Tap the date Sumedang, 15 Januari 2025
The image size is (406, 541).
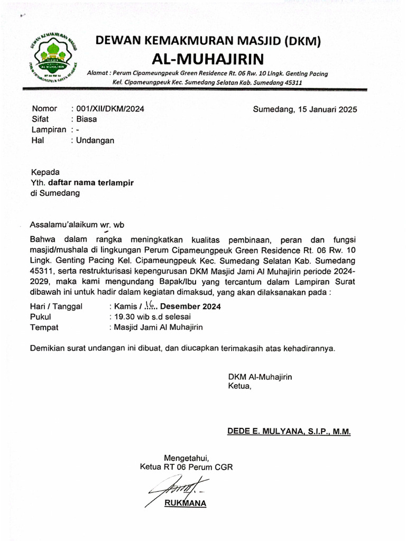tap(305, 109)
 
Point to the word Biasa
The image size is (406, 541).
tap(87, 119)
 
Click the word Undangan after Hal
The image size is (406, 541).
tap(95, 141)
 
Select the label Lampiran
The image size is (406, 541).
tap(49, 130)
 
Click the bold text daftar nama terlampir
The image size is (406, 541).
tap(91, 183)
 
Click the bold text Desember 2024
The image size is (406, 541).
tap(190, 306)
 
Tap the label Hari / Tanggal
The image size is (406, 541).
tap(57, 306)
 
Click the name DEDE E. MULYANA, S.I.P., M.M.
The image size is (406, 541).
tap(289, 432)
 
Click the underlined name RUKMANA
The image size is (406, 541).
tap(185, 503)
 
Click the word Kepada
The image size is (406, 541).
tap(45, 172)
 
